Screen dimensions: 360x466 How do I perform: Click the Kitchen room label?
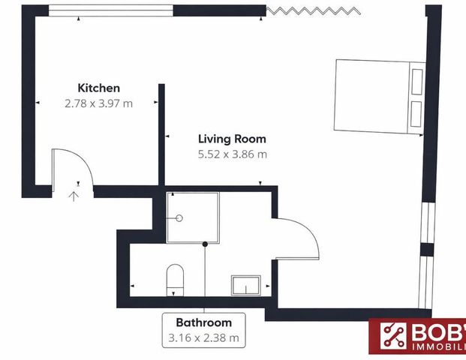pyautogui.click(x=98, y=88)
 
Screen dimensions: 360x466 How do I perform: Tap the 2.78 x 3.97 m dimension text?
pyautogui.click(x=98, y=103)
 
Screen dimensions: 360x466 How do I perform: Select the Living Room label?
pyautogui.click(x=232, y=139)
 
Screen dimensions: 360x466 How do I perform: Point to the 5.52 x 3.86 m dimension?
pyautogui.click(x=232, y=154)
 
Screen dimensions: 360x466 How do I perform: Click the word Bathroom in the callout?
pyautogui.click(x=204, y=322)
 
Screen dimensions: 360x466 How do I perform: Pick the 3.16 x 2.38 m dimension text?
pyautogui.click(x=204, y=338)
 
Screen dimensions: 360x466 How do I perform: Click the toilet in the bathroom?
pyautogui.click(x=174, y=277)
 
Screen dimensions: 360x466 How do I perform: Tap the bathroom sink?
pyautogui.click(x=245, y=285)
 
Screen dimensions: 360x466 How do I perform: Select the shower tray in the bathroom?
pyautogui.click(x=193, y=217)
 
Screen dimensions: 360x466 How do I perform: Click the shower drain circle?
pyautogui.click(x=179, y=218)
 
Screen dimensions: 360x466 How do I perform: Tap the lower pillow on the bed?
pyautogui.click(x=416, y=113)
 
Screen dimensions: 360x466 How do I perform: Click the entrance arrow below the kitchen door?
pyautogui.click(x=74, y=196)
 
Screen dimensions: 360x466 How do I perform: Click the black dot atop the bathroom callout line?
pyautogui.click(x=205, y=244)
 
